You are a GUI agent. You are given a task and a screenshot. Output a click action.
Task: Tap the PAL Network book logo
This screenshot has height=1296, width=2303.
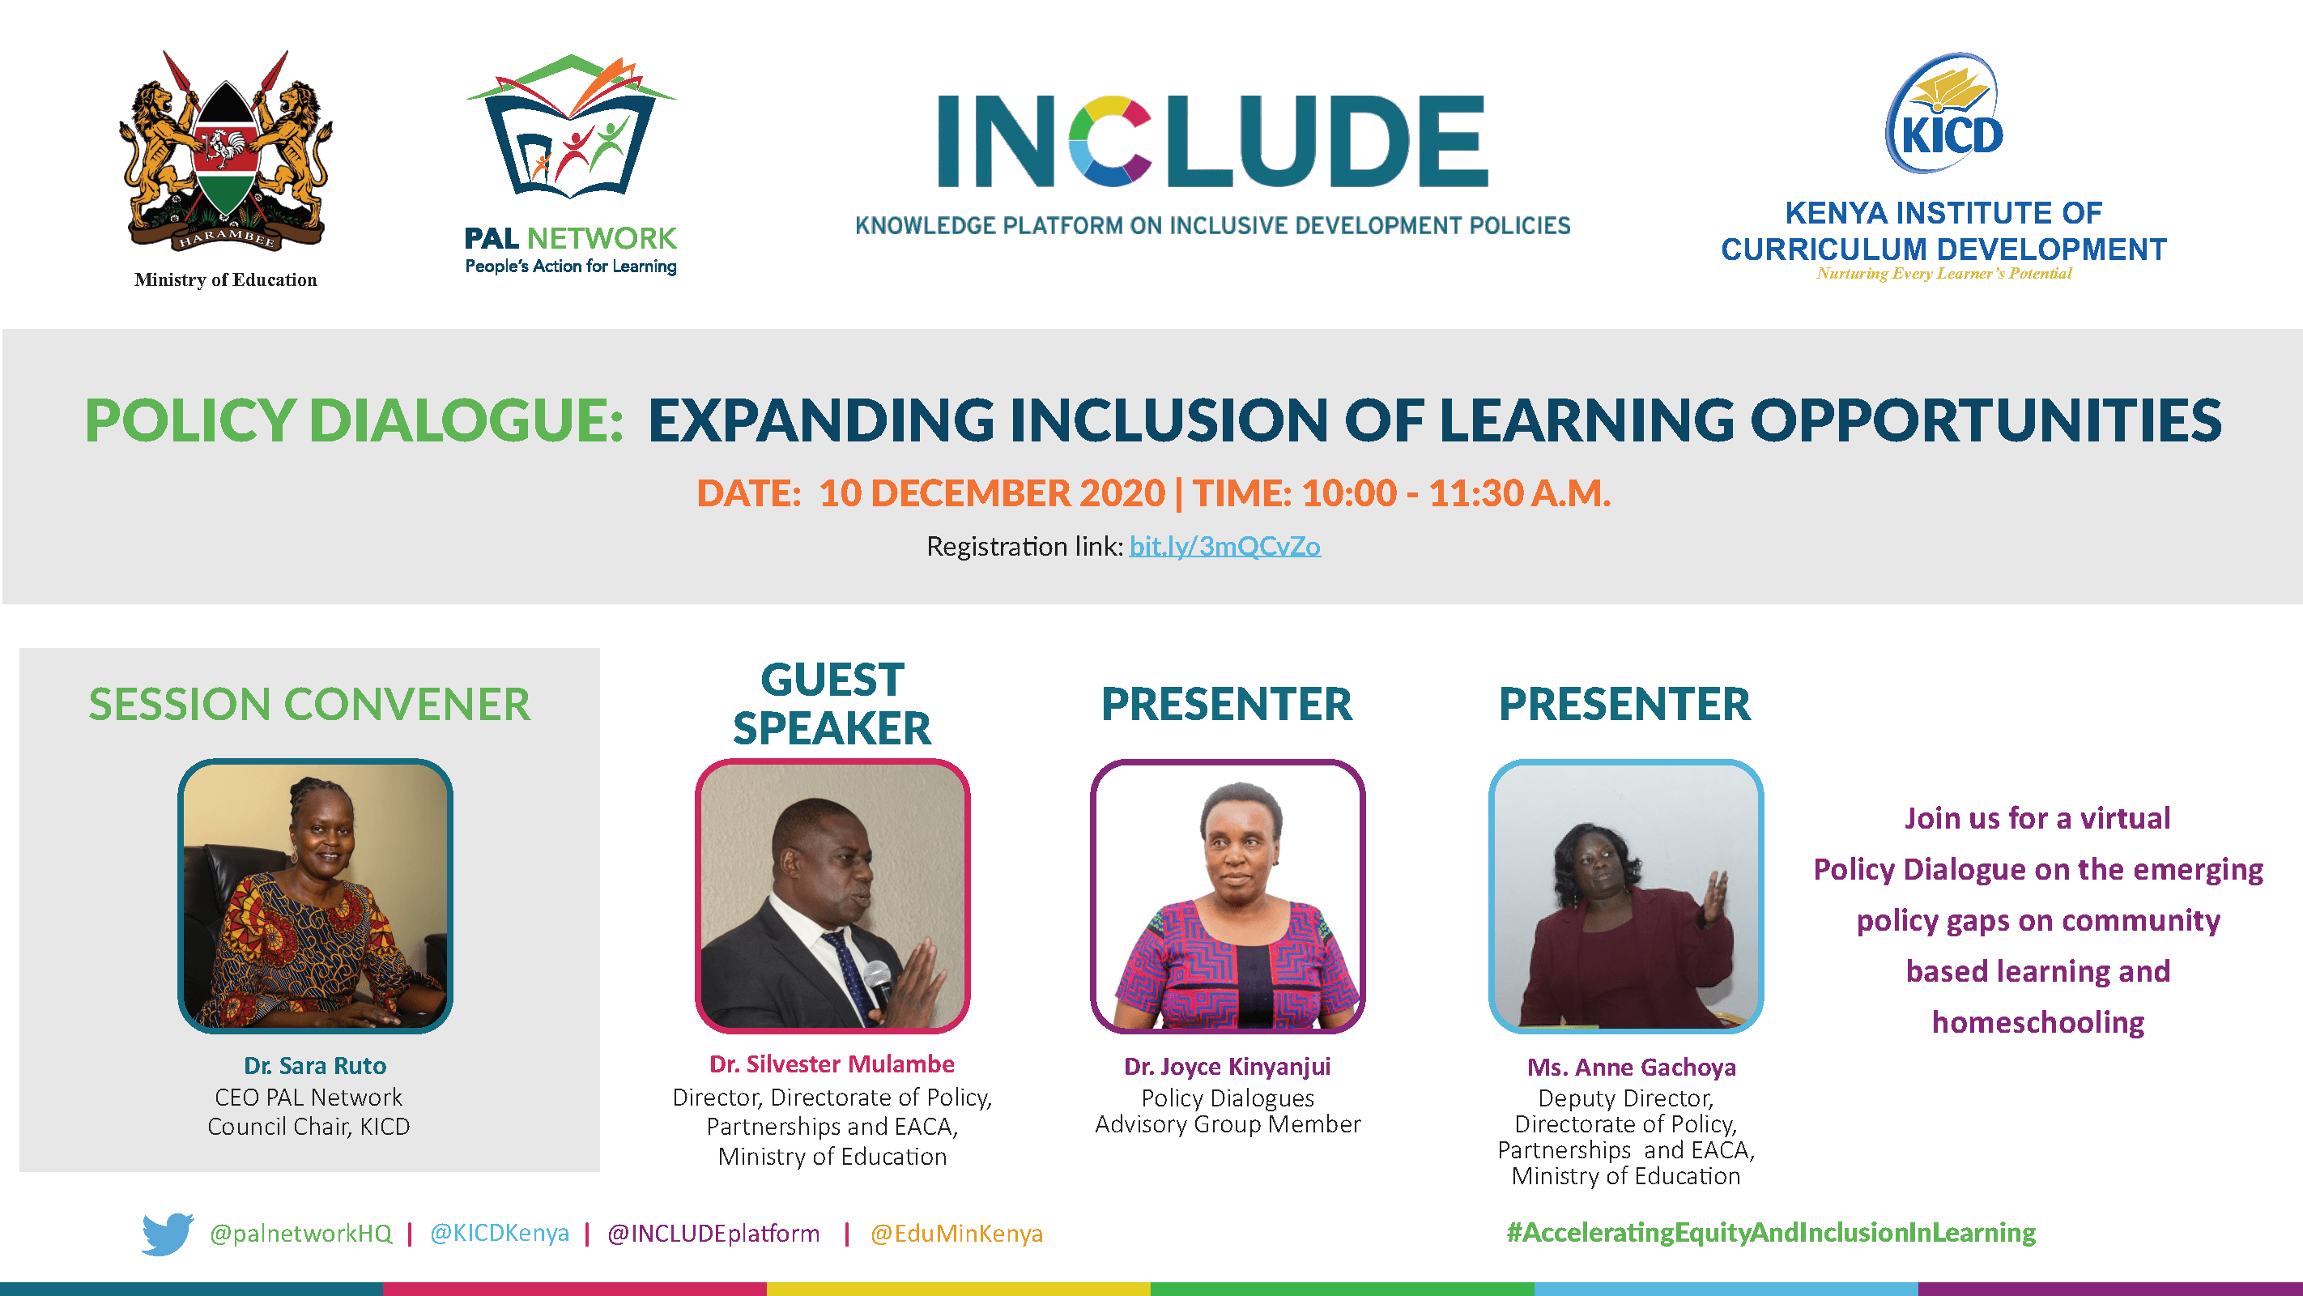pyautogui.click(x=571, y=126)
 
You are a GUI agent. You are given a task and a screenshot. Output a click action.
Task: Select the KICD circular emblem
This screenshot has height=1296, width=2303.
pyautogui.click(x=1943, y=113)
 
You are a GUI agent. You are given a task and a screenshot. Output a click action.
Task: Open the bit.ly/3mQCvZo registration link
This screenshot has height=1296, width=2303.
pyautogui.click(x=1225, y=546)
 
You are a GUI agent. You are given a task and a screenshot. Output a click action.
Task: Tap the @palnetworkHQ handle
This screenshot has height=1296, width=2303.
pyautogui.click(x=300, y=1234)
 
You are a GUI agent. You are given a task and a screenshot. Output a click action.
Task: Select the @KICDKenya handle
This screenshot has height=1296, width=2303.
pyautogui.click(x=500, y=1234)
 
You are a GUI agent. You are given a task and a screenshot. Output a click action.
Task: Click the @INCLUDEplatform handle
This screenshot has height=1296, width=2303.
pyautogui.click(x=713, y=1234)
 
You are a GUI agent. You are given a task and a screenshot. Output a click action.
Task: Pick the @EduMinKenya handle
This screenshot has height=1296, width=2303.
pyautogui.click(x=956, y=1234)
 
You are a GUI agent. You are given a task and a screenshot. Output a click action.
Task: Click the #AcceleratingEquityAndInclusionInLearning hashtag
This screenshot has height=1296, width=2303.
pyautogui.click(x=1771, y=1233)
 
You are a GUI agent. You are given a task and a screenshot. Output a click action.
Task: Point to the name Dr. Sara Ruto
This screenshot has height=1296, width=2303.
pyautogui.click(x=315, y=1065)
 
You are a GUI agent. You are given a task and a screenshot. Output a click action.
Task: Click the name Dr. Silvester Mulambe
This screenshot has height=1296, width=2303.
pyautogui.click(x=832, y=1064)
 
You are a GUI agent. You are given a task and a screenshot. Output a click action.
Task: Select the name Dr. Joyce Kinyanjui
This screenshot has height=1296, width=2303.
pyautogui.click(x=1228, y=1066)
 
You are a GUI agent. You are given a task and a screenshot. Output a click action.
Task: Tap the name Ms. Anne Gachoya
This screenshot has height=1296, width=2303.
pyautogui.click(x=1632, y=1067)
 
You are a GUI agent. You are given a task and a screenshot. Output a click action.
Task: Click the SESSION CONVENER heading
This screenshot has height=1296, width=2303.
pyautogui.click(x=309, y=704)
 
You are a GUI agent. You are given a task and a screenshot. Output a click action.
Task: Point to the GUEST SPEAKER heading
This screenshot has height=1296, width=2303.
pyautogui.click(x=832, y=704)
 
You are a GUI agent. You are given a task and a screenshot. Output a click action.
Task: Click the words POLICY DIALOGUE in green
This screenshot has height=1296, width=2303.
pyautogui.click(x=354, y=420)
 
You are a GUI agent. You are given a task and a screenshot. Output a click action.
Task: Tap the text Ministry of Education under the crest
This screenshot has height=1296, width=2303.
pyautogui.click(x=225, y=280)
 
